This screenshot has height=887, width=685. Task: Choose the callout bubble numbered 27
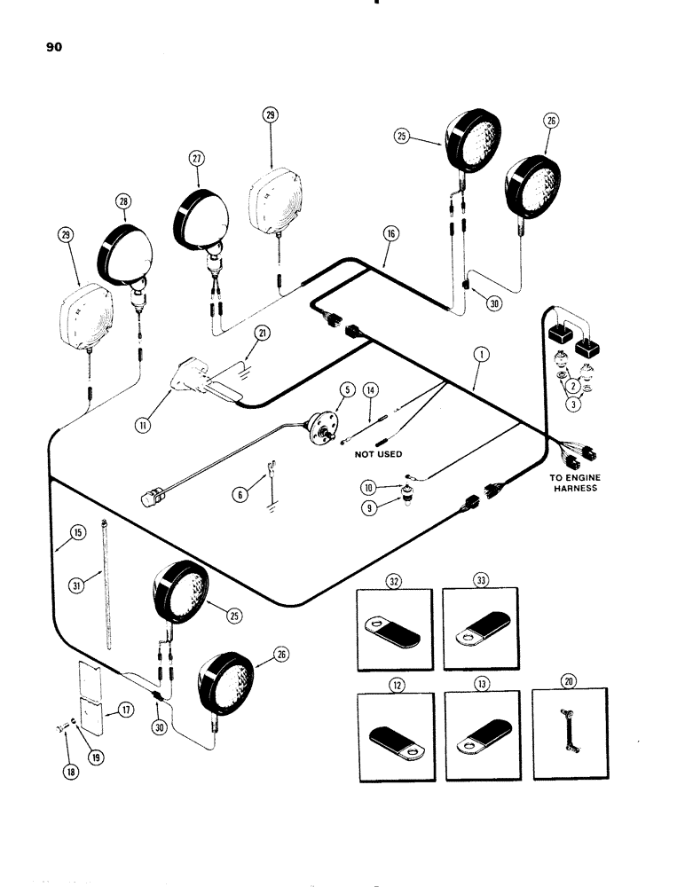pos(196,160)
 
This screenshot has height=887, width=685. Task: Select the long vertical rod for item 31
pos(106,585)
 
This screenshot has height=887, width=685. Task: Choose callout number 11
pos(143,425)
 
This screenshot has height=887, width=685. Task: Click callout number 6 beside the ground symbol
pos(239,496)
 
